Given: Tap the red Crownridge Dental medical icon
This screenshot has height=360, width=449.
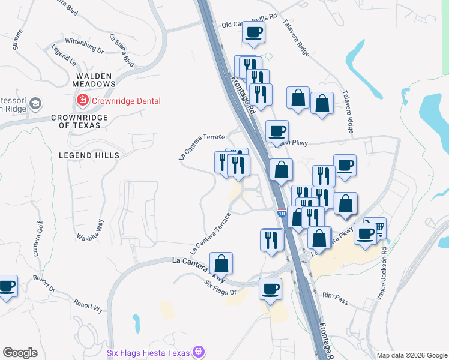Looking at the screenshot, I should tap(79, 98).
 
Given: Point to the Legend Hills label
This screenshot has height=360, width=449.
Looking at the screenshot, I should tap(89, 155).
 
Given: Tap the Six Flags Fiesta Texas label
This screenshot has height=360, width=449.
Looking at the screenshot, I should tap(148, 353).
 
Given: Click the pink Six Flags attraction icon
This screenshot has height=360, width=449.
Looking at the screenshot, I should tap(200, 353).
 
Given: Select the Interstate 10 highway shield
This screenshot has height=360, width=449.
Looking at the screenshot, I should tap(282, 213).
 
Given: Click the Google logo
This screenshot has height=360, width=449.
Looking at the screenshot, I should tap(20, 353).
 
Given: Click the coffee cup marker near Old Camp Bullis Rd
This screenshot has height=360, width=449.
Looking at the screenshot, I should tap(253, 32).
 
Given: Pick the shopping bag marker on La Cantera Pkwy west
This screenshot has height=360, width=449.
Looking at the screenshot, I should tap(221, 263).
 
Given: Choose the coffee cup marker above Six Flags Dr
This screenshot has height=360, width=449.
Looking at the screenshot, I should tap(270, 289).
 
